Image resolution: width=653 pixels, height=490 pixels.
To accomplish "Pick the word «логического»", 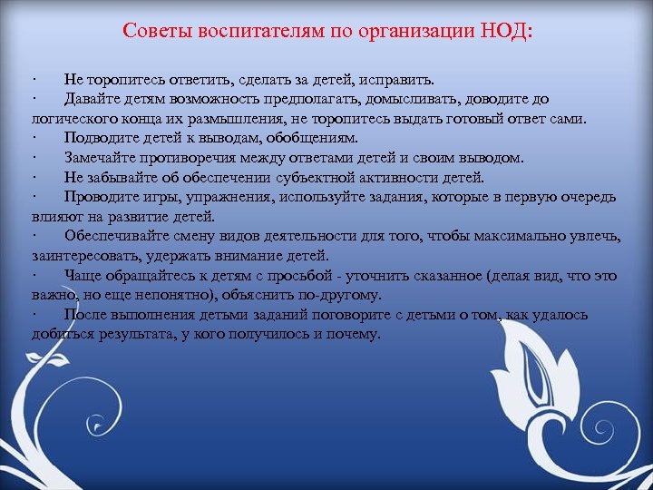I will tap(70, 118).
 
